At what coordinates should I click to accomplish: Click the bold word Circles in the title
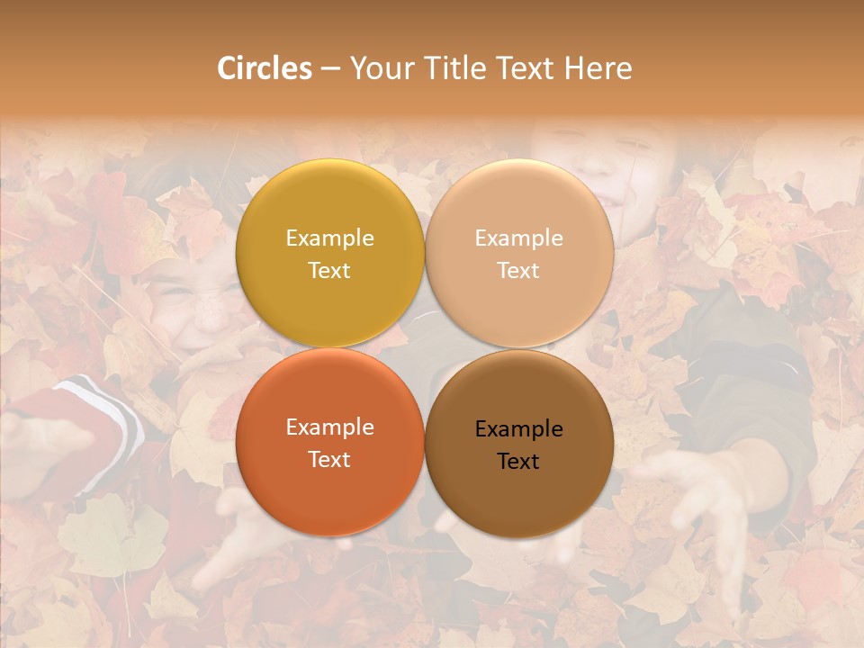point(264,68)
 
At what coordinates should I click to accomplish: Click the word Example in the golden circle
point(329,238)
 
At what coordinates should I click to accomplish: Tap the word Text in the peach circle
point(518,271)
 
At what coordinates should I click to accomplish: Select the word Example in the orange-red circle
point(329,427)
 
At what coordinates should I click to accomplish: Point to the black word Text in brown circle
point(518,462)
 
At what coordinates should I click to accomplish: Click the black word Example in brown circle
point(518,429)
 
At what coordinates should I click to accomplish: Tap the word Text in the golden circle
point(329,271)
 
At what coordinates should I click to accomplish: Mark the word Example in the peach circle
point(518,238)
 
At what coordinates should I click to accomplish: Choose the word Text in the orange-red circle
point(329,460)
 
